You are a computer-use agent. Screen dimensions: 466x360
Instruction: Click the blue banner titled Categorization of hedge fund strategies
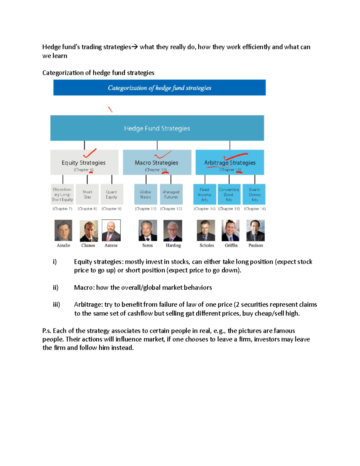159,88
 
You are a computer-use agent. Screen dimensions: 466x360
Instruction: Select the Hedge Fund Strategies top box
157,128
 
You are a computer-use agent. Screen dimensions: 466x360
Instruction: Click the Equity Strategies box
84,163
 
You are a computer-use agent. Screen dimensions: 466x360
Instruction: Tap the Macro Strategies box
157,163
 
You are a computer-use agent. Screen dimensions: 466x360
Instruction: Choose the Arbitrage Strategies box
230,163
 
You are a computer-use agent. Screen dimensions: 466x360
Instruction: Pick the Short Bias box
87,194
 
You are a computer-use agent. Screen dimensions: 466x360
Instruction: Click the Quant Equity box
112,194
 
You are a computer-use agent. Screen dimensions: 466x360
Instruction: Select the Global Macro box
145,194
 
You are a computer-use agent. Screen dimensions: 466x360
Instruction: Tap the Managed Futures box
171,194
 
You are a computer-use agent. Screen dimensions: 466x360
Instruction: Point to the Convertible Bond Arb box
229,194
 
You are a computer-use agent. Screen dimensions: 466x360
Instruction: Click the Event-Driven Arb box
254,194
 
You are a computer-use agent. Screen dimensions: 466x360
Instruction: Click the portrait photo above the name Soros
148,230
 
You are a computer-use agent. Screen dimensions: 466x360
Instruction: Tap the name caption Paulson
256,245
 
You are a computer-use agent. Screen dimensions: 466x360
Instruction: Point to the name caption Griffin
231,245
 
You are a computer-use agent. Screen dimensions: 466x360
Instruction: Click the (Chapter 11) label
145,209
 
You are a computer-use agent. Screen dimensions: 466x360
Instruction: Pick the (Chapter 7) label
62,209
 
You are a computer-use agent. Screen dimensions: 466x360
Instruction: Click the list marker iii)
56,305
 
